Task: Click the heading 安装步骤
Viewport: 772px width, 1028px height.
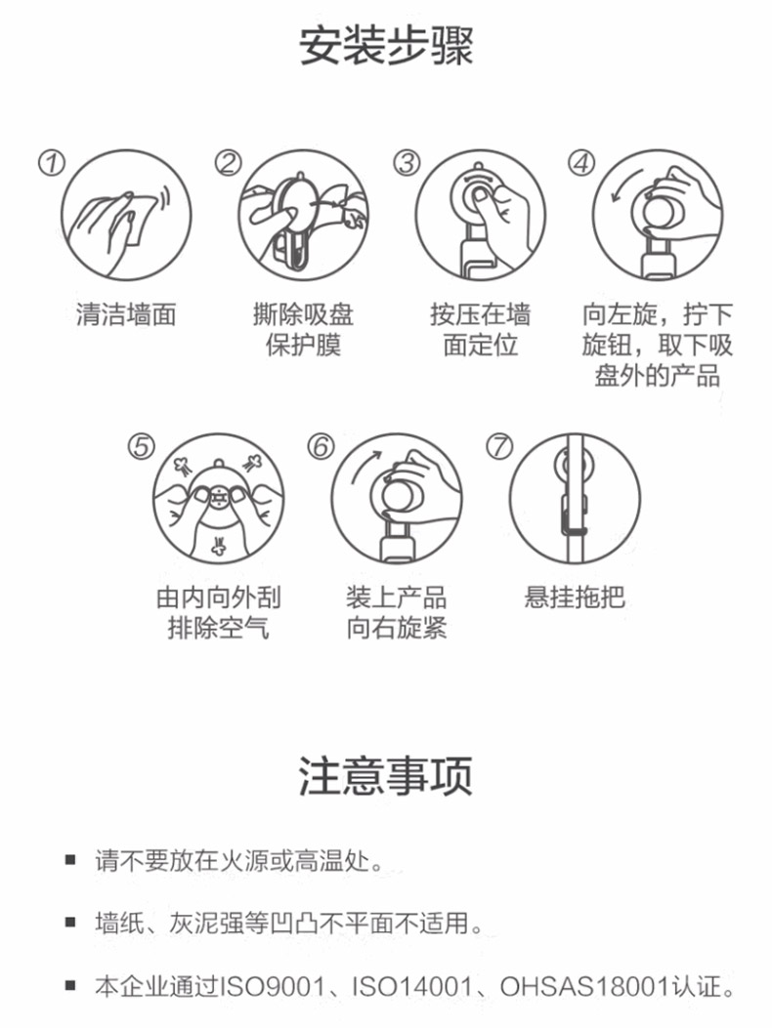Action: tap(386, 46)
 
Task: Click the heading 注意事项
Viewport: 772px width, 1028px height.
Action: tap(386, 775)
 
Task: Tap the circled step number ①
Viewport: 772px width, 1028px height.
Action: tap(51, 163)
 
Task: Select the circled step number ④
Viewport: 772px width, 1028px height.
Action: tap(581, 163)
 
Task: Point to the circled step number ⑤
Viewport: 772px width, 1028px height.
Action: tap(141, 447)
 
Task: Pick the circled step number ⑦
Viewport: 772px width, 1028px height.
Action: tap(499, 447)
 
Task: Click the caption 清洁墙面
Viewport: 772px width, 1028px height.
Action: tap(126, 314)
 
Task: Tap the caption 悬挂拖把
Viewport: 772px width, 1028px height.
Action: tap(575, 597)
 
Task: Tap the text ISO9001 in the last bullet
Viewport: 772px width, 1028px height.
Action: tap(273, 986)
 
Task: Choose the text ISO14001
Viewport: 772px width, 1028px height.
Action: tap(412, 986)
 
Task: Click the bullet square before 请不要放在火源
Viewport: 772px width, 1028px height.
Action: tap(70, 860)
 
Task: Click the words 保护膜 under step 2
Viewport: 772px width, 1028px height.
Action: tap(303, 345)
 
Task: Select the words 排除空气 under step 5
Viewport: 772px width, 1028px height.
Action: tap(219, 628)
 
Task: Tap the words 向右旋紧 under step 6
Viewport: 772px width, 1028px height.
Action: tap(397, 628)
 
